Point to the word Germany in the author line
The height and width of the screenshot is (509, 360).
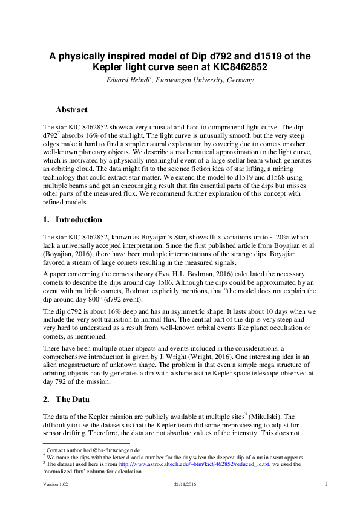(x=237, y=80)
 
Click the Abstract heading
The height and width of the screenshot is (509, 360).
(x=71, y=110)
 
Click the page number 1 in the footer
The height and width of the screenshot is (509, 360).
(x=326, y=484)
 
